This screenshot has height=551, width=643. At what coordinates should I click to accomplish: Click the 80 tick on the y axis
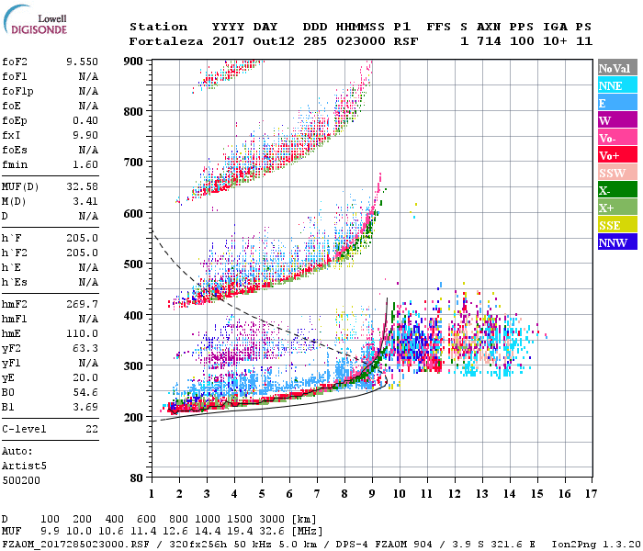(x=136, y=478)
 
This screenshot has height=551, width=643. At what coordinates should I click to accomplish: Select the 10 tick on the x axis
(x=399, y=493)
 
